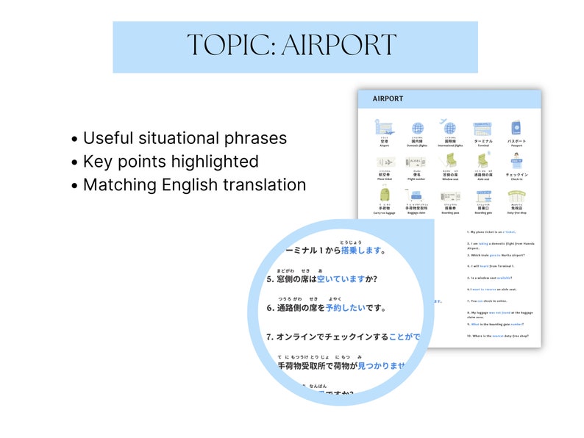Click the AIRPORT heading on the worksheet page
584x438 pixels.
tap(388, 98)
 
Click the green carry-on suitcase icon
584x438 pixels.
tap(384, 195)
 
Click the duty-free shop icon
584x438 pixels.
tap(517, 195)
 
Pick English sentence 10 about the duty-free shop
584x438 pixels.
tap(499, 335)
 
